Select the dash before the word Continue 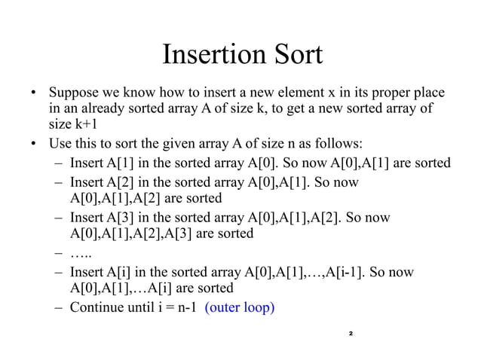point(59,307)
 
